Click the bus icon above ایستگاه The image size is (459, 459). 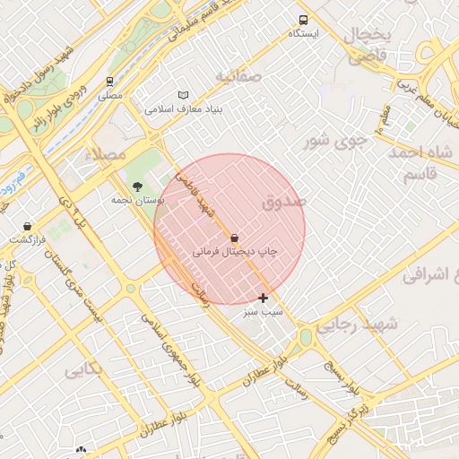tap(303, 19)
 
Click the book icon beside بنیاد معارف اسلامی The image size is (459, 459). tap(184, 95)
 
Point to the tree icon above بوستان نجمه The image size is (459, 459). tap(137, 186)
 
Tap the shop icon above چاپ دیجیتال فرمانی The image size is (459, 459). tap(235, 238)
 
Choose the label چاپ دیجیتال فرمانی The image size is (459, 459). tap(235, 253)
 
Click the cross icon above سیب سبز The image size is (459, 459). tap(263, 298)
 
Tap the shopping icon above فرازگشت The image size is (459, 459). tap(27, 226)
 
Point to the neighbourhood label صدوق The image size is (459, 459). tap(284, 204)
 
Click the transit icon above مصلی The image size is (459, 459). tap(109, 82)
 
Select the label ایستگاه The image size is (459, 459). tap(303, 33)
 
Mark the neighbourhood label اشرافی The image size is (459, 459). tap(429, 276)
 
